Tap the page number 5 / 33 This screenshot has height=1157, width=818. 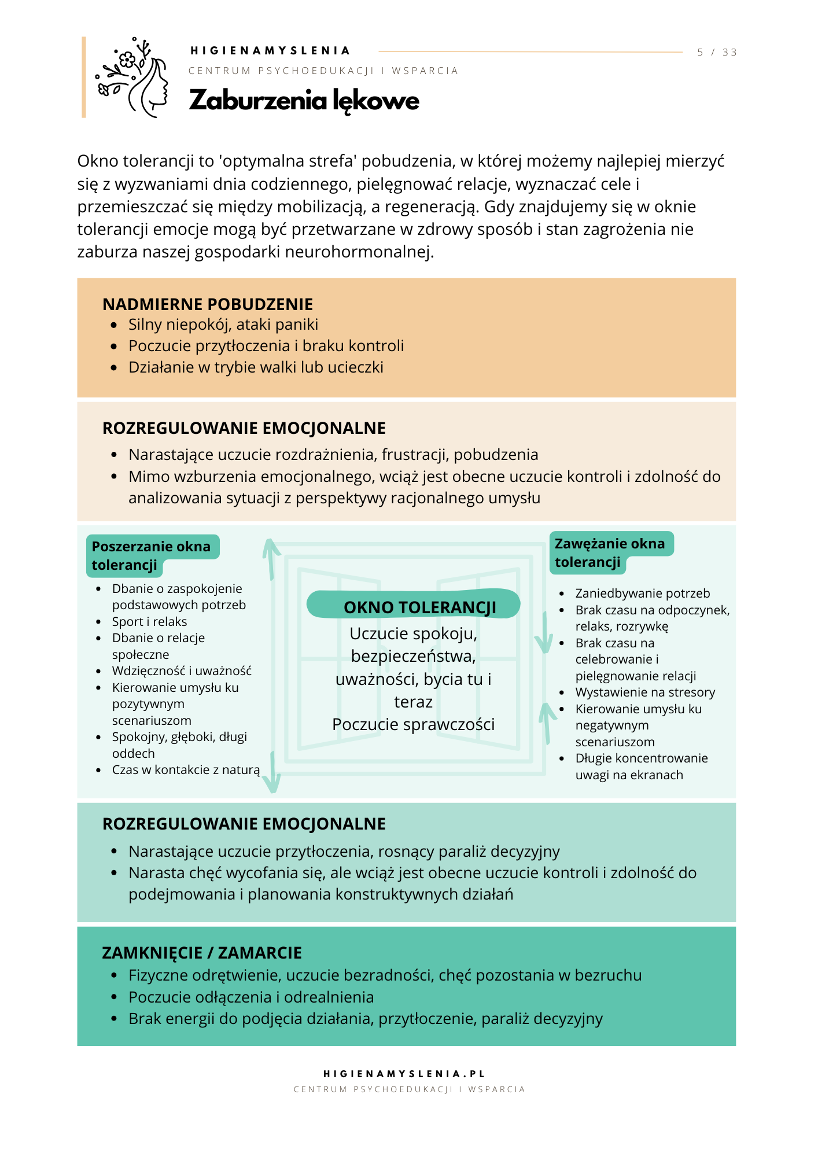pyautogui.click(x=717, y=52)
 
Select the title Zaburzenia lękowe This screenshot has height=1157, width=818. pyautogui.click(x=304, y=101)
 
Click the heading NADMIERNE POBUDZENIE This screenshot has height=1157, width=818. pyautogui.click(x=208, y=304)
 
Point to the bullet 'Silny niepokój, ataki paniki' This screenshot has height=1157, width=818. pyautogui.click(x=223, y=325)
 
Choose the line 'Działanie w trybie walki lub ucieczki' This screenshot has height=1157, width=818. pyautogui.click(x=256, y=367)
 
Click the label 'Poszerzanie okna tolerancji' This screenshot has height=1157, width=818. pyautogui.click(x=151, y=555)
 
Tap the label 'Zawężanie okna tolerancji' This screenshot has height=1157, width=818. pyautogui.click(x=610, y=552)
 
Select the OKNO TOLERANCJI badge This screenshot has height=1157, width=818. pyautogui.click(x=414, y=605)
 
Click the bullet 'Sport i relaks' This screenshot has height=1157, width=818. pyautogui.click(x=149, y=621)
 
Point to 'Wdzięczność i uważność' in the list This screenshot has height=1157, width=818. pyautogui.click(x=182, y=671)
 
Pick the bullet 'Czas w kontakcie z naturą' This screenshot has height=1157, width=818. pyautogui.click(x=186, y=770)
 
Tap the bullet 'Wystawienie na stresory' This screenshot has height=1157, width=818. pyautogui.click(x=645, y=692)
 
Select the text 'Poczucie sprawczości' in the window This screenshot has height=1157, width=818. pyautogui.click(x=413, y=724)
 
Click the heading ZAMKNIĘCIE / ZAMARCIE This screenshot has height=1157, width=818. pyautogui.click(x=202, y=953)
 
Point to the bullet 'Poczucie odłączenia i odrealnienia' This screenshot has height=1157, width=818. pyautogui.click(x=251, y=997)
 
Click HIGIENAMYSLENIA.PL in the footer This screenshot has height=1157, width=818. pyautogui.click(x=404, y=1074)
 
